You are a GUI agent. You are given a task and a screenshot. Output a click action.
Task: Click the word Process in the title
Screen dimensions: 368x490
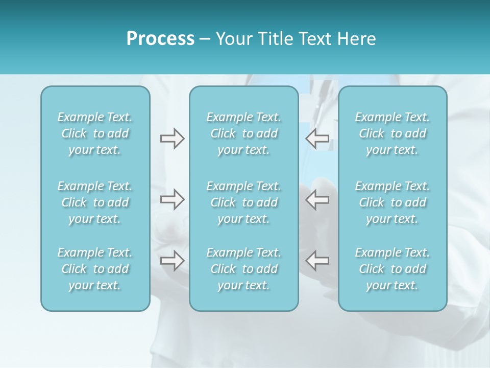tap(160, 39)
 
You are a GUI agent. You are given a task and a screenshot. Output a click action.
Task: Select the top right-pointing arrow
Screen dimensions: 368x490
tap(172, 139)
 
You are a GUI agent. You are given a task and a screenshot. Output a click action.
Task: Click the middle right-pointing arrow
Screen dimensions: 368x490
tap(172, 199)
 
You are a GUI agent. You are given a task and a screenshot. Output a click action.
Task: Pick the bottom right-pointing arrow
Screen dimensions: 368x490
tap(172, 261)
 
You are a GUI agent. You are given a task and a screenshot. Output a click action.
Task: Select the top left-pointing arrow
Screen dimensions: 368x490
tap(317, 137)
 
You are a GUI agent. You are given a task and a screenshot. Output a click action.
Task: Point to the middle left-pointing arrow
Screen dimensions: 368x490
tap(317, 199)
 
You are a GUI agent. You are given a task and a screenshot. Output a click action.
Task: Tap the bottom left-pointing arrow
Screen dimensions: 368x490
tap(317, 261)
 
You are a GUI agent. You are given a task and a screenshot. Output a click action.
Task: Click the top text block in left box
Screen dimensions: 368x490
tap(95, 133)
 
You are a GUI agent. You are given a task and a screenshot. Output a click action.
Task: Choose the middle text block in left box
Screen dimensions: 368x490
tap(95, 202)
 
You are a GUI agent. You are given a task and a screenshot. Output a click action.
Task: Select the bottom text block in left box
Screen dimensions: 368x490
tap(95, 269)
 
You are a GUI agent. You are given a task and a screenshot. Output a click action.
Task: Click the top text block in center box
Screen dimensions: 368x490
tap(244, 133)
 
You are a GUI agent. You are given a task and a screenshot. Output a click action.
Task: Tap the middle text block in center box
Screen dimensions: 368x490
tap(244, 202)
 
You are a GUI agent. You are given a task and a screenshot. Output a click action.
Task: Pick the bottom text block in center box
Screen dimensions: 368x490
tap(244, 269)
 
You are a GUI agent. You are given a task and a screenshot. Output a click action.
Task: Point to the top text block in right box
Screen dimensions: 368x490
tap(393, 133)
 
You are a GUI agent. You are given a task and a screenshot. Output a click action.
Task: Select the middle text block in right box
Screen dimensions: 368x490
tap(393, 202)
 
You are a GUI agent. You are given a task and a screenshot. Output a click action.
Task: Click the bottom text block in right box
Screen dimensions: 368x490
tap(393, 269)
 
